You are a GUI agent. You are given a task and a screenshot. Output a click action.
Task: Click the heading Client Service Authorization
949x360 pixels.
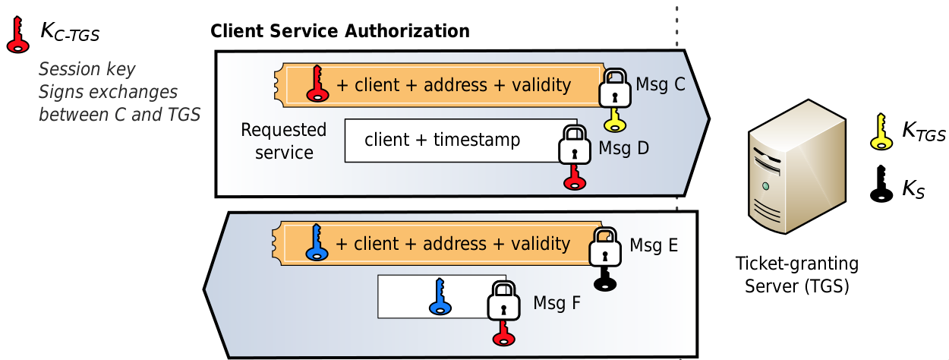coord(339,31)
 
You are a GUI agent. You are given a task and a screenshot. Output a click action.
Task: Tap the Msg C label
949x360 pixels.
coord(661,84)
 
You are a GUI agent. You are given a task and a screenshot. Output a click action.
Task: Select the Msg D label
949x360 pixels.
coord(623,147)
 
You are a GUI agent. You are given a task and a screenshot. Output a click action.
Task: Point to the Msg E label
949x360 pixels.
coord(654,245)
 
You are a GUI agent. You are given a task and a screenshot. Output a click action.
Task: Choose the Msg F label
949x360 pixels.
coord(556,303)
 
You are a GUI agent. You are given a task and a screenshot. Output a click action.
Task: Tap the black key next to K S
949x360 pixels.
coord(881,185)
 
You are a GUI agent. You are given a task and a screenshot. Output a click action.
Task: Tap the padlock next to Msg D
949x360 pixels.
coord(575,145)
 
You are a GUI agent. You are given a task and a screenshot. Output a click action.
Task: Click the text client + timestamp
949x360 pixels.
coord(442,140)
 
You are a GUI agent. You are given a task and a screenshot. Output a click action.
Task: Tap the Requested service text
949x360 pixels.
coord(284,141)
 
